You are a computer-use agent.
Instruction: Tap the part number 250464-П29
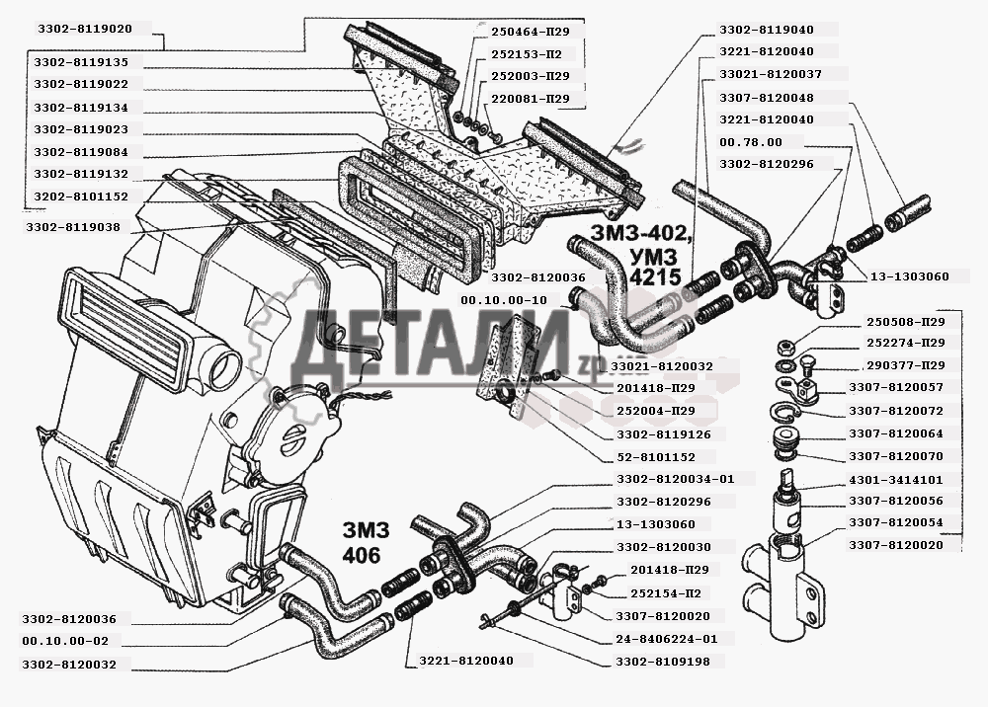[530, 32]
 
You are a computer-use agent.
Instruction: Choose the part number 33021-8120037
[770, 74]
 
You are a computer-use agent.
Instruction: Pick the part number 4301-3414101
[895, 480]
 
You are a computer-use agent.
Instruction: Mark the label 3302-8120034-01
[676, 480]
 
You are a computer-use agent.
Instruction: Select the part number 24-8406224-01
[667, 638]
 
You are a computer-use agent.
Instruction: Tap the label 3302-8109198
[663, 661]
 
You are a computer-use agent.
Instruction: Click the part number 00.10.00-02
[67, 642]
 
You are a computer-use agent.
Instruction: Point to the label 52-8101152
[649, 457]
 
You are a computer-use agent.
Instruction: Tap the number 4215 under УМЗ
[654, 278]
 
